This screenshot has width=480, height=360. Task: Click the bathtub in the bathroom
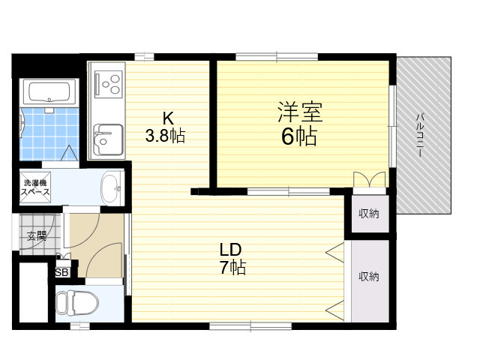click(49, 91)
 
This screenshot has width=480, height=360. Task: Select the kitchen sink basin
click(109, 139)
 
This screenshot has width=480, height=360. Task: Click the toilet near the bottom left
click(76, 303)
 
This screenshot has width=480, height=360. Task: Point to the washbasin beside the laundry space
click(112, 188)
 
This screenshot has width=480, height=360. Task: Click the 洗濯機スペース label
click(35, 187)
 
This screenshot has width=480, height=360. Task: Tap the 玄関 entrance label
click(37, 235)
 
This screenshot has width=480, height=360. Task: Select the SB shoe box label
click(61, 272)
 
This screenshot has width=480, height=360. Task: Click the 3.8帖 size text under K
click(165, 136)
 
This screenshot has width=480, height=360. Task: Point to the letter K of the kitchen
click(168, 118)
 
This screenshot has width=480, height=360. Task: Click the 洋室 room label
click(300, 112)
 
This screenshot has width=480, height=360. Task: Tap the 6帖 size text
click(299, 136)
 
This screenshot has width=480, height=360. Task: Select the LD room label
click(231, 250)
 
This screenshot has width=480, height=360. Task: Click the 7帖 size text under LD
click(232, 268)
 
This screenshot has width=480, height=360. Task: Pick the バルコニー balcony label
click(420, 135)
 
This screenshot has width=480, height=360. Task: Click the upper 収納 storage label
click(369, 214)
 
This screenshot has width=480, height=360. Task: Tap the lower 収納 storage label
click(369, 277)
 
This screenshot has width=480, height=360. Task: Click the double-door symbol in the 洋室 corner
click(369, 180)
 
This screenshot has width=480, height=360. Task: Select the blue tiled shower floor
click(49, 133)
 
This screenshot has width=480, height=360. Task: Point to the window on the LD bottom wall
click(250, 325)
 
